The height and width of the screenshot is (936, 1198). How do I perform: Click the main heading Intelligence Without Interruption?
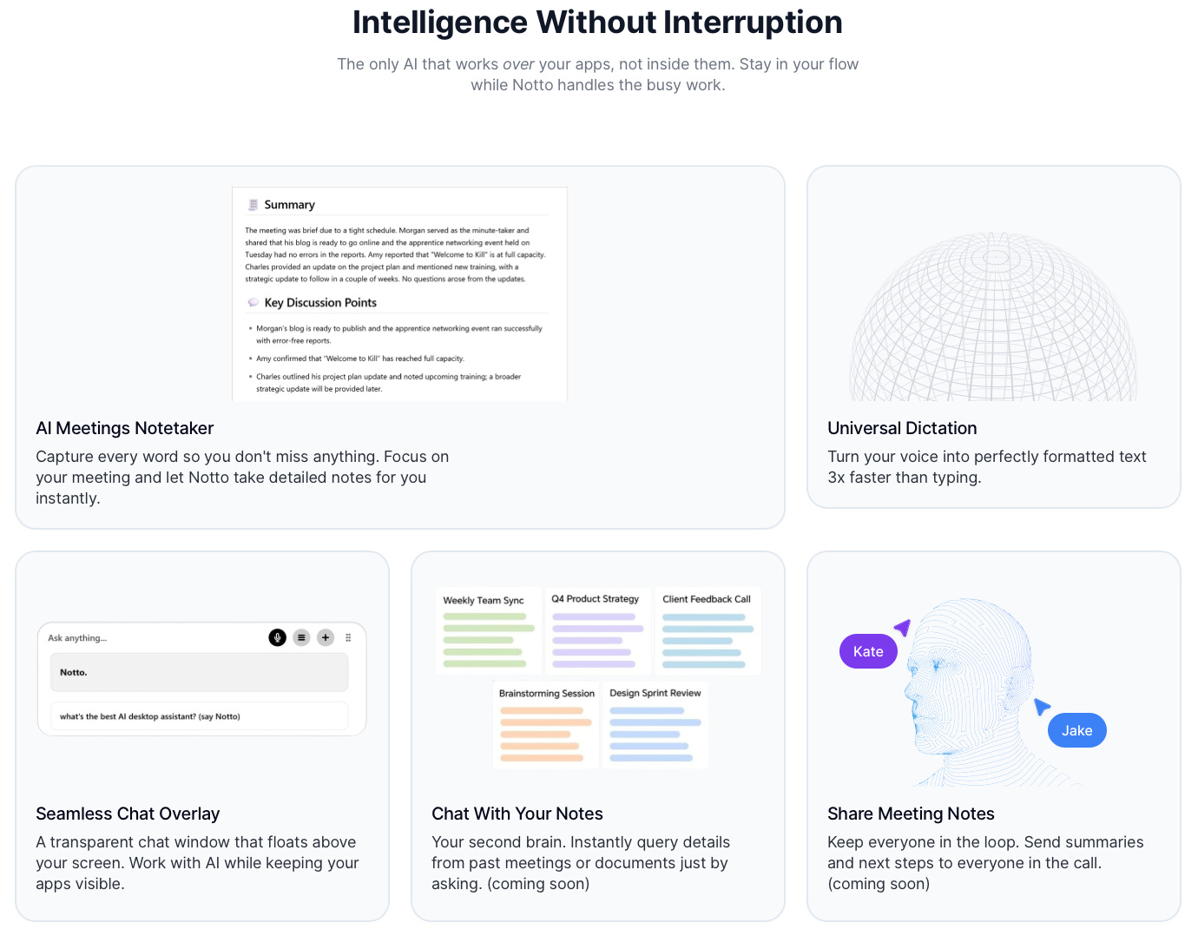pyautogui.click(x=597, y=23)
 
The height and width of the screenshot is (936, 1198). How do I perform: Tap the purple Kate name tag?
pyautogui.click(x=868, y=651)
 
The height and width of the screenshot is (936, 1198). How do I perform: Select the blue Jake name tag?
pyautogui.click(x=1076, y=730)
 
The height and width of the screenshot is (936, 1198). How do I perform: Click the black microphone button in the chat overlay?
pyautogui.click(x=278, y=637)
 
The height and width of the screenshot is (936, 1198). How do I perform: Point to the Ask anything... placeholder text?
pyautogui.click(x=77, y=638)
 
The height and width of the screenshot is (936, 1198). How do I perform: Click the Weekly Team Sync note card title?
pyautogui.click(x=484, y=600)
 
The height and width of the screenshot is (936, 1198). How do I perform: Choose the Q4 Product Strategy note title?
pyautogui.click(x=595, y=599)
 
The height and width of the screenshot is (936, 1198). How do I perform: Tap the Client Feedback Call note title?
pyautogui.click(x=706, y=599)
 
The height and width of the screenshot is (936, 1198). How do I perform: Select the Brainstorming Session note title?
pyautogui.click(x=546, y=694)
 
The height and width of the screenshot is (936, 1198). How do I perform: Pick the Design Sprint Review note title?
pyautogui.click(x=655, y=693)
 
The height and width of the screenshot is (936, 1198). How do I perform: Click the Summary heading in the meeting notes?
pyautogui.click(x=289, y=205)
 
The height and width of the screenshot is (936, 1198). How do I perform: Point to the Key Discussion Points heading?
pyautogui.click(x=320, y=303)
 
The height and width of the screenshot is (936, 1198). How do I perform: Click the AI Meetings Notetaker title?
pyautogui.click(x=125, y=428)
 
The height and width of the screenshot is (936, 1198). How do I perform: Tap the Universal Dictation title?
pyautogui.click(x=902, y=428)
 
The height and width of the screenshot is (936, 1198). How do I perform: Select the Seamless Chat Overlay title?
pyautogui.click(x=128, y=814)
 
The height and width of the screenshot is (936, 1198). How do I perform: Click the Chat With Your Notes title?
pyautogui.click(x=517, y=814)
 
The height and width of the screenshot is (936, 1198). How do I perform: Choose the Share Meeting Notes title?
pyautogui.click(x=911, y=814)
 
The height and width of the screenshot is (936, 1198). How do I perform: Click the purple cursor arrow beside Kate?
pyautogui.click(x=903, y=627)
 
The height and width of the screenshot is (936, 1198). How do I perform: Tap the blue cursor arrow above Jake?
pyautogui.click(x=1042, y=707)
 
